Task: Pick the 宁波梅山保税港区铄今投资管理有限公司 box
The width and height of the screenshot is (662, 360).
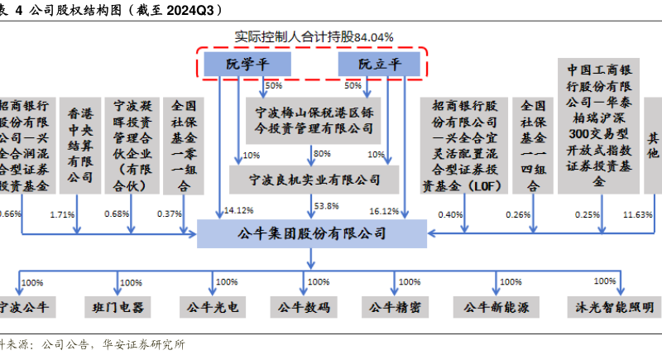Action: tap(311, 119)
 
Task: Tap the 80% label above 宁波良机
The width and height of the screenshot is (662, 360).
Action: tap(322, 153)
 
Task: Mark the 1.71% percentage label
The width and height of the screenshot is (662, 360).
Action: tap(63, 215)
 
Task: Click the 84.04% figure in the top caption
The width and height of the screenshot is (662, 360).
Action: tap(373, 37)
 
